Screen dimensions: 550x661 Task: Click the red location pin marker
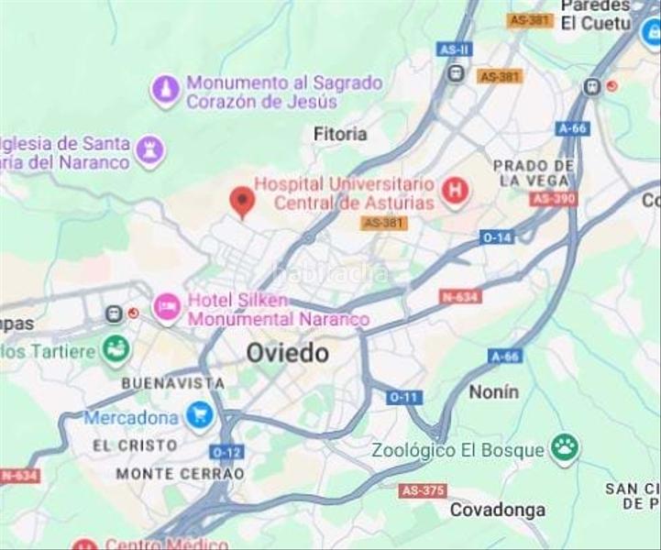[x=241, y=201]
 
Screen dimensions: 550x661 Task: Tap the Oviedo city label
[x=287, y=353]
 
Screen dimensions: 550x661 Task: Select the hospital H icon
[x=454, y=191]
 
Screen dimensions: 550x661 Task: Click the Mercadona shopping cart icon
[x=199, y=416]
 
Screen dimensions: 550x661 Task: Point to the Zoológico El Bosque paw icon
[x=565, y=449]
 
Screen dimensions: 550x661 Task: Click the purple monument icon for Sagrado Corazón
[x=165, y=91]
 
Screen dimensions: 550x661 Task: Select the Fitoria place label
[x=339, y=134]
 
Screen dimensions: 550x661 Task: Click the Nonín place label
[x=493, y=391]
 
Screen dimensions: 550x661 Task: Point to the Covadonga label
[x=497, y=510]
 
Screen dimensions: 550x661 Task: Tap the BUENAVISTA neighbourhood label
[x=173, y=382]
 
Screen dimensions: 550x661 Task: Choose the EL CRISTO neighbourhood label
[x=135, y=445]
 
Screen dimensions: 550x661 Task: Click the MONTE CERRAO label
[x=180, y=474]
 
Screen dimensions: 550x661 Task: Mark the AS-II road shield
[x=455, y=49]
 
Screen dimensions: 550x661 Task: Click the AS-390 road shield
[x=553, y=198]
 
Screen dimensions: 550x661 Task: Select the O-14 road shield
[x=498, y=236]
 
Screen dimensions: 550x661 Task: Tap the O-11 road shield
[x=403, y=397]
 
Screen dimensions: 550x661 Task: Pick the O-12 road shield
[x=226, y=452]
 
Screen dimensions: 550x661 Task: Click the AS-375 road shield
[x=424, y=490]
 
